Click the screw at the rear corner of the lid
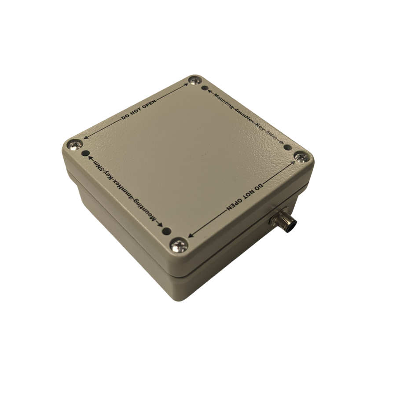[195, 81]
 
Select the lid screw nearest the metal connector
[302, 158]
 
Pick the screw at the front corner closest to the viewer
[180, 245]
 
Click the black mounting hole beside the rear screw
[205, 88]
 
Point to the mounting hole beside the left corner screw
[86, 153]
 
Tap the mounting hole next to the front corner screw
[166, 231]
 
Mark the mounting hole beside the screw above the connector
[287, 147]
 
